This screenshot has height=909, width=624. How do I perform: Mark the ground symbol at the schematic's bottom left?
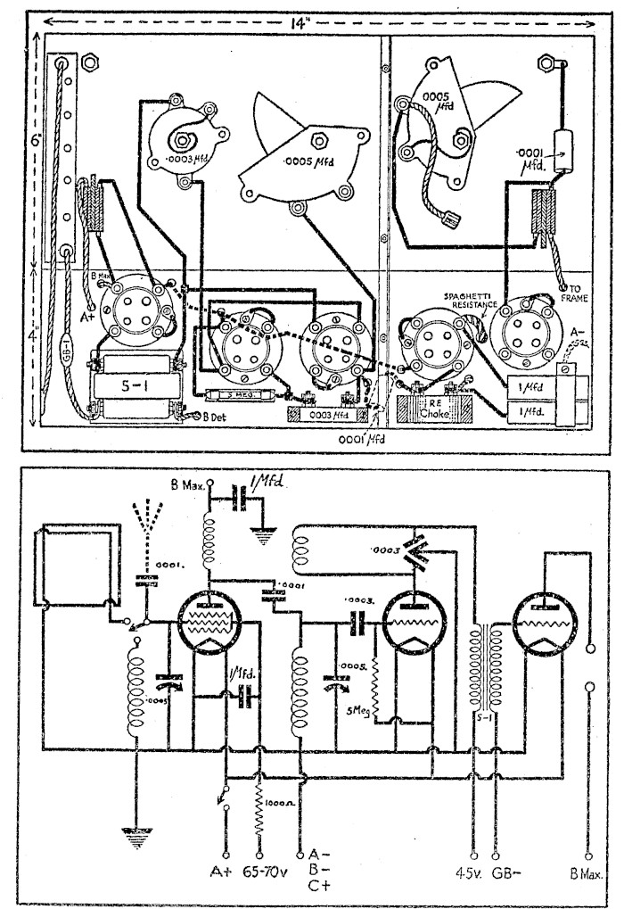point(135,835)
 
